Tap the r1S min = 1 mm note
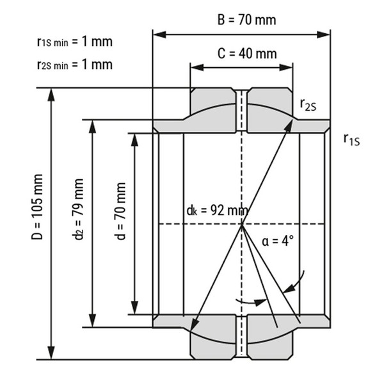(x=74, y=42)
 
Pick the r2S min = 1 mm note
(x=74, y=64)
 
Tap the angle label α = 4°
(x=277, y=241)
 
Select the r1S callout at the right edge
(x=351, y=138)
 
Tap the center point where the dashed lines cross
(x=242, y=224)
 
